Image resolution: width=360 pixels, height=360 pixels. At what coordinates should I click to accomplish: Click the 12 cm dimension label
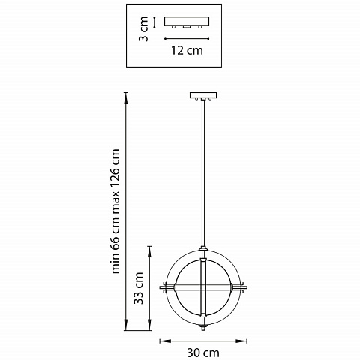187,50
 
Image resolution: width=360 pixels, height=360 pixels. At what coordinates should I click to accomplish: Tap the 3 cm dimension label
144,28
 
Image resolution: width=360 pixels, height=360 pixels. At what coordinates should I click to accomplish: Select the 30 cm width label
203,352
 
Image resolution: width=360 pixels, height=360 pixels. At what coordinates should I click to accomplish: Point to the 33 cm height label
138,288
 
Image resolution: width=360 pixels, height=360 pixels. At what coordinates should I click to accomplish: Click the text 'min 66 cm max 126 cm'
115,211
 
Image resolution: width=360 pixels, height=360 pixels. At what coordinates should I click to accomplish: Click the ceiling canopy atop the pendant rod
203,95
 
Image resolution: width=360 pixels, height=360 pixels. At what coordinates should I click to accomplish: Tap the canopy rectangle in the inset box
187,21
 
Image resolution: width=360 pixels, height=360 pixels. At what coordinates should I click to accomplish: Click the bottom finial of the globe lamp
203,327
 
